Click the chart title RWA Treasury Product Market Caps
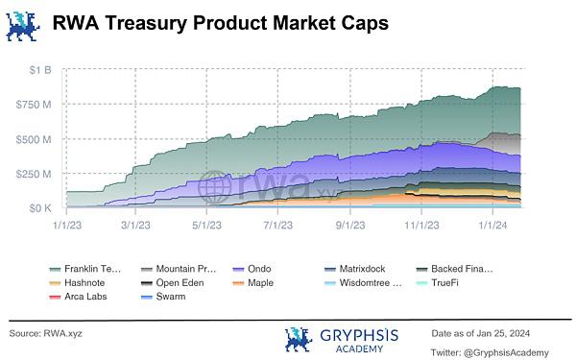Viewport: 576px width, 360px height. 221,23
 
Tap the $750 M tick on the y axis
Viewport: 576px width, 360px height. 34,105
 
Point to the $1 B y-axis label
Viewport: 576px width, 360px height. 40,70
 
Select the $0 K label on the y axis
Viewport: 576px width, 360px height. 40,208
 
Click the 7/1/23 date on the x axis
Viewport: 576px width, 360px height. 278,225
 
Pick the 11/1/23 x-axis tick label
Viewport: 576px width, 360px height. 421,225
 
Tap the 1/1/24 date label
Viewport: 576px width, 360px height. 492,225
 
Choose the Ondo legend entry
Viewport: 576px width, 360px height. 252,269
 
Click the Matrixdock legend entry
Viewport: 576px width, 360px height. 355,269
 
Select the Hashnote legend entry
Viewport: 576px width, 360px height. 77,283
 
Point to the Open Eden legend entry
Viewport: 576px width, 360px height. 173,283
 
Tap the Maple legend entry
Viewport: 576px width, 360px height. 253,283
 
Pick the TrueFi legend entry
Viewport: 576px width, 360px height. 437,283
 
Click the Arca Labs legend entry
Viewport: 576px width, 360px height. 78,297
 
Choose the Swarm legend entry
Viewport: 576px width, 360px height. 163,297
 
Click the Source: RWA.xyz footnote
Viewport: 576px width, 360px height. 45,333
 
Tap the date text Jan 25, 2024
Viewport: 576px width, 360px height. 503,333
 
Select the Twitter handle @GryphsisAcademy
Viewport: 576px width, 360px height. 506,353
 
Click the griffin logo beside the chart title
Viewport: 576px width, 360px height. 23,26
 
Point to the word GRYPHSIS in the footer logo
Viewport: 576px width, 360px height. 359,335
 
